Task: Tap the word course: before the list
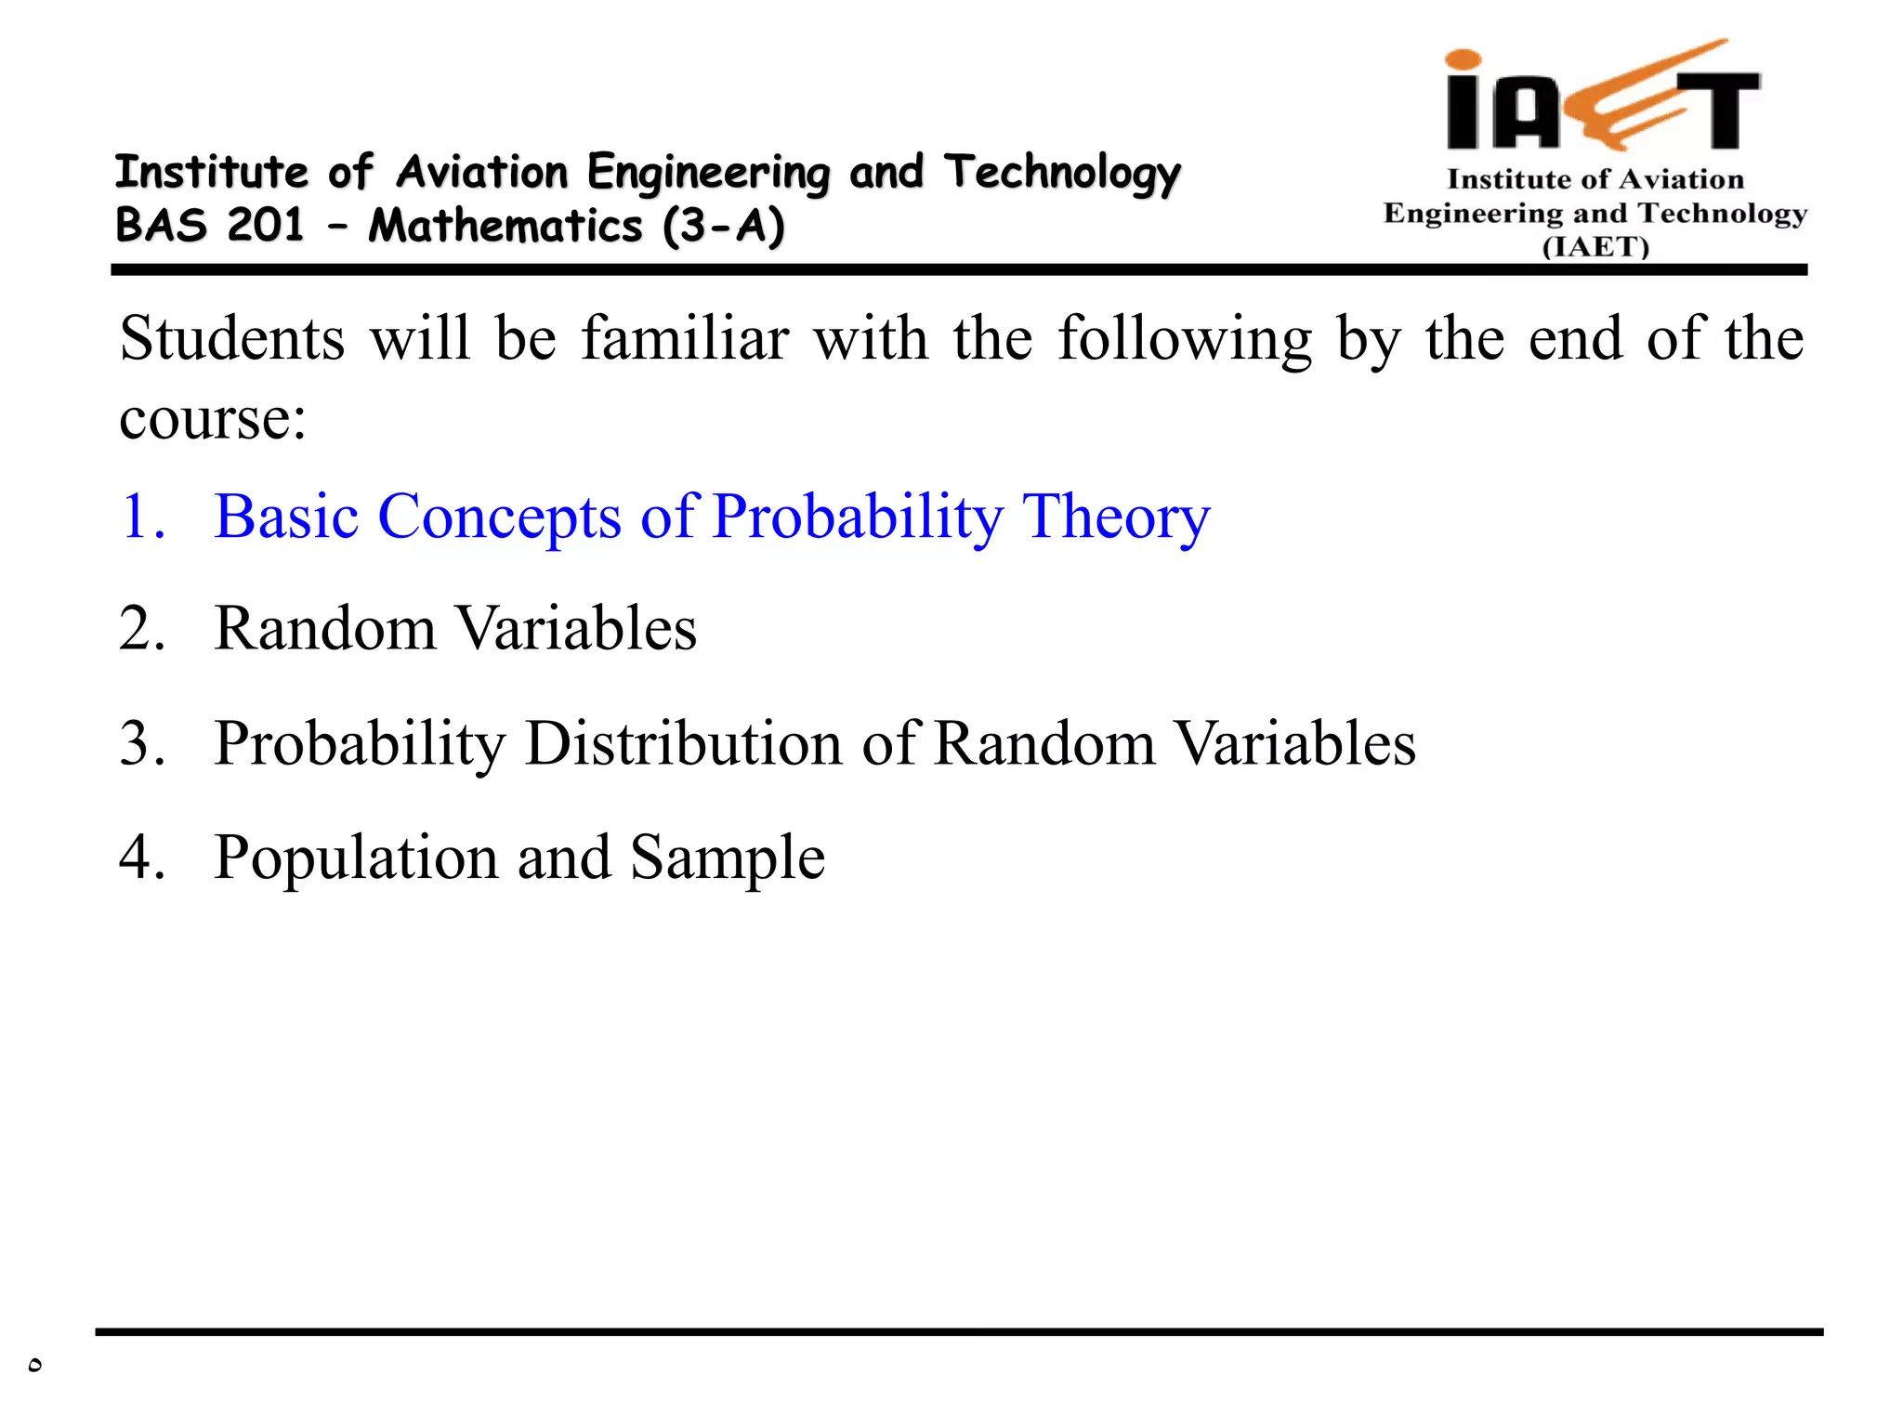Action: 213,418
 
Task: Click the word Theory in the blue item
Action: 1116,517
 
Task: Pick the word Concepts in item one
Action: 499,517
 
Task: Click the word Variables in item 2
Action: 577,629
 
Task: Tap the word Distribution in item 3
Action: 683,743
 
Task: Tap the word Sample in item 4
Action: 728,857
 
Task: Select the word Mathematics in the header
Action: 505,226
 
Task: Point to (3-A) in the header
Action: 724,226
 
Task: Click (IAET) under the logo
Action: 1595,247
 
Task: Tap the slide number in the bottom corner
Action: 34,1365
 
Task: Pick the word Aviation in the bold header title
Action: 482,172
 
